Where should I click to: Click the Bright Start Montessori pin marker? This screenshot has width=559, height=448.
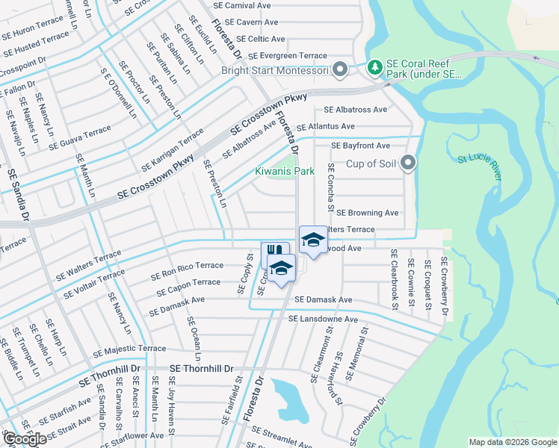[340, 71]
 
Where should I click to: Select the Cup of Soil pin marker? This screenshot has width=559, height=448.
[407, 163]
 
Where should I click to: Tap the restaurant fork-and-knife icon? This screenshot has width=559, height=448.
[274, 252]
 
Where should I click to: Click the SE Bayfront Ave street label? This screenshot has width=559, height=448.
[361, 146]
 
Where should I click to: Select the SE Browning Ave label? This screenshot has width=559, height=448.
[368, 213]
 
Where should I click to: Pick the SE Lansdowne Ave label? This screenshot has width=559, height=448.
[324, 320]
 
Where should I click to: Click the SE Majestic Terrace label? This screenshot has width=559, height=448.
[129, 349]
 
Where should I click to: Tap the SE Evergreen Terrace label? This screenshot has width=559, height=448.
[288, 56]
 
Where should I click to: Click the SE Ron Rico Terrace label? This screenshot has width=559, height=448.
[187, 270]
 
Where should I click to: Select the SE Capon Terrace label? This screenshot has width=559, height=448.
[186, 287]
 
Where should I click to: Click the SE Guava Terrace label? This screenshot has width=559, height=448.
[79, 138]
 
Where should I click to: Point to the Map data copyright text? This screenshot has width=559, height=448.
[512, 442]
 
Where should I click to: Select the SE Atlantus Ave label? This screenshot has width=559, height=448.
[326, 127]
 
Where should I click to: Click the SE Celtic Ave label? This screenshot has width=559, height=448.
[260, 39]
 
